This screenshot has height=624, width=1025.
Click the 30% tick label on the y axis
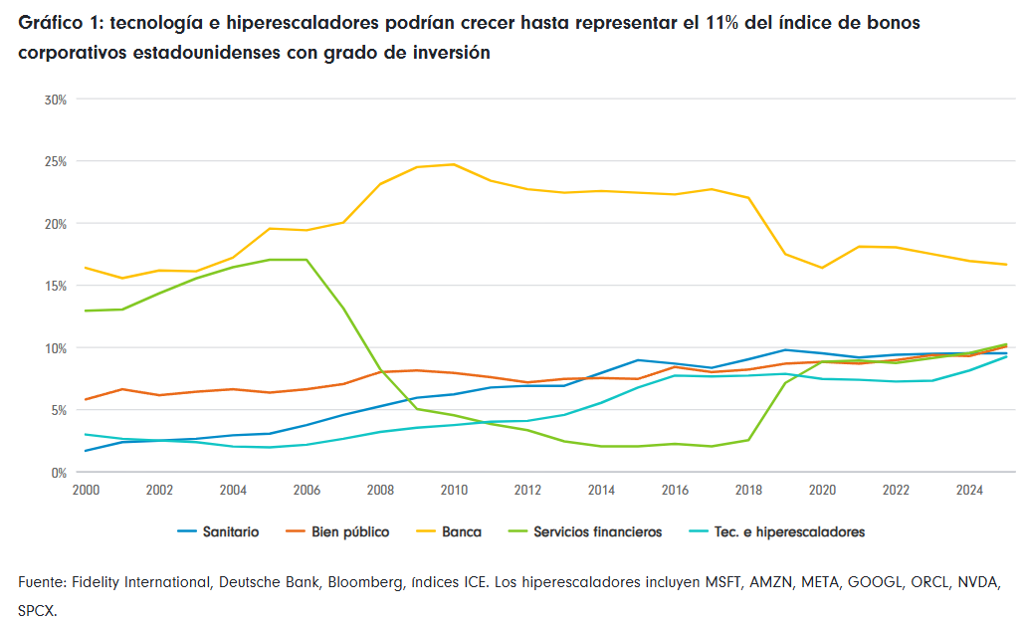click(56, 100)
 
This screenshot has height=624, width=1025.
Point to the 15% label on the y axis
click(56, 287)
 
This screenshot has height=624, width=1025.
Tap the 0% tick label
click(59, 473)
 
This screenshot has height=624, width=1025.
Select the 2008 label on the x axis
click(380, 490)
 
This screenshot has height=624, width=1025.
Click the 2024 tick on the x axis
click(969, 490)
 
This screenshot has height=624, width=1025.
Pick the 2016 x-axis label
click(675, 490)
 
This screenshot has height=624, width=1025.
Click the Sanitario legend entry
click(218, 531)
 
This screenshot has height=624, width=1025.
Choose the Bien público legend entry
click(337, 531)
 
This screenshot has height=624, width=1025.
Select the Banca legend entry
click(449, 531)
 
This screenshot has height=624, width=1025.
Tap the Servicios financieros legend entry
click(585, 531)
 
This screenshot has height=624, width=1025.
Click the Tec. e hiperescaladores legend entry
click(777, 531)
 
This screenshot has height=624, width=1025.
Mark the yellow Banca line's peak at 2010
click(455, 164)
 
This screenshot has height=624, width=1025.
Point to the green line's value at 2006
click(307, 260)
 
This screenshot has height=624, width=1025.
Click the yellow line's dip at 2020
click(822, 268)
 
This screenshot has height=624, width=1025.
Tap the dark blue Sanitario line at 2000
click(86, 451)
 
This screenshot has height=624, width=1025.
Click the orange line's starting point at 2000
click(86, 399)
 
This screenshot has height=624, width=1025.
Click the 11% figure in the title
click(722, 23)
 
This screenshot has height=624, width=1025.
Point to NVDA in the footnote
click(978, 582)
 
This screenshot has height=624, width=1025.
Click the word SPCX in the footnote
click(37, 612)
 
